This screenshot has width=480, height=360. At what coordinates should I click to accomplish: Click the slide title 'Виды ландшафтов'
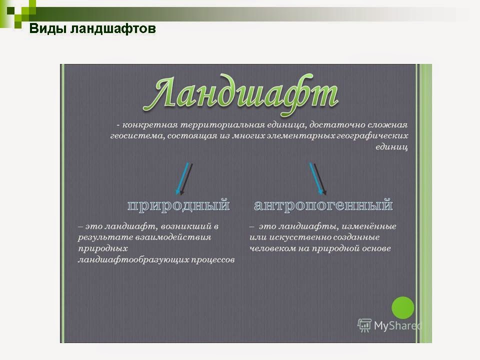92,28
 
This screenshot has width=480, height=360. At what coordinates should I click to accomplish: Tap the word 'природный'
178,205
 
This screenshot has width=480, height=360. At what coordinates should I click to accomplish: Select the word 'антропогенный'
323,205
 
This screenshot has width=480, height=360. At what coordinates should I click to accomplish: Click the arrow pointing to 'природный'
183,177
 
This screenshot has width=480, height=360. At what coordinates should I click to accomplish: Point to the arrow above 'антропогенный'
318,177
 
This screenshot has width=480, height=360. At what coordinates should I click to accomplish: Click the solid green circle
402,307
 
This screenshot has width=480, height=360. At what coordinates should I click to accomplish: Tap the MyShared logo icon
364,325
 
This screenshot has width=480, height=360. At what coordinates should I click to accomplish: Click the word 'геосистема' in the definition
131,136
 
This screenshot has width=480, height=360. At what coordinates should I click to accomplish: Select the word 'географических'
371,136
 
